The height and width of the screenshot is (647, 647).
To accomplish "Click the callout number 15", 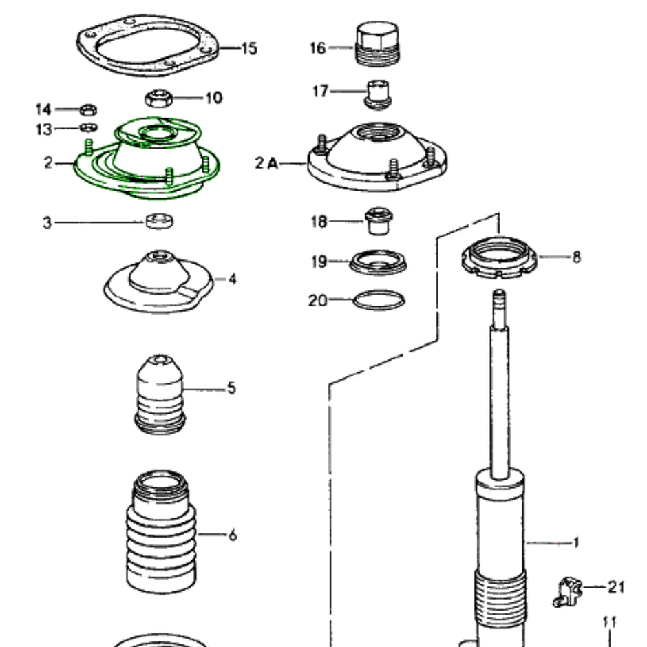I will pos(248,49).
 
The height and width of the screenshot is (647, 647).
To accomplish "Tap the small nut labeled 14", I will pos(88,109).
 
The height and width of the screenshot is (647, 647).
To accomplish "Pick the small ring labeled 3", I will pos(160,222).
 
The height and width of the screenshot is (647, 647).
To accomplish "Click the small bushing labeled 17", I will pos(378,94).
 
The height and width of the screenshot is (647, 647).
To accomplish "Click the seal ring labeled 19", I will pos(378,262).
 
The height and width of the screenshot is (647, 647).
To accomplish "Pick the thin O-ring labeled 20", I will pos(379,300).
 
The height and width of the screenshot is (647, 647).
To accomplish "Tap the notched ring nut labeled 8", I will pos(500,259).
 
